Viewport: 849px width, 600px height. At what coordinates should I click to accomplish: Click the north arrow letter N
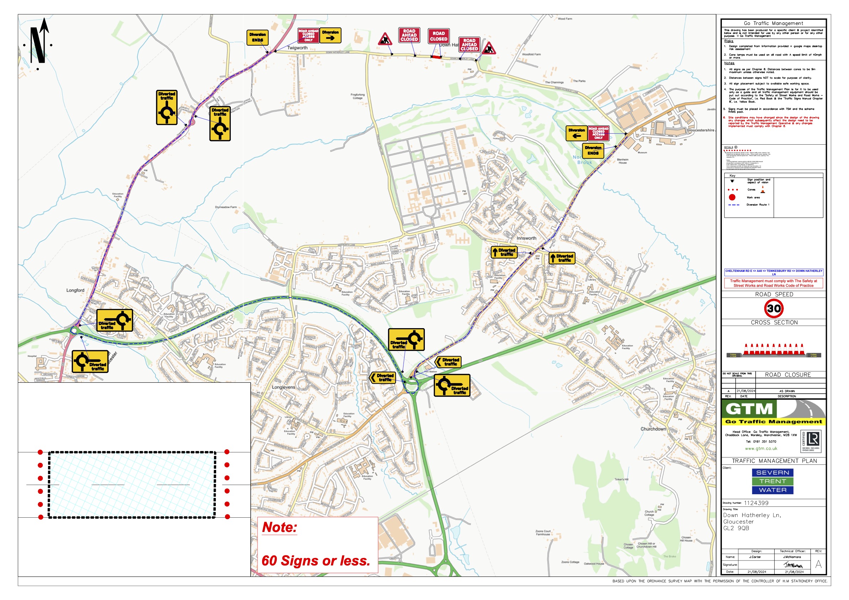tap(37, 45)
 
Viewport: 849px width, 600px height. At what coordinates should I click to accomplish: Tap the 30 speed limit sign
tap(774, 308)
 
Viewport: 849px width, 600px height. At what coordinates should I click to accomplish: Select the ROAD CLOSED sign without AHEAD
tap(438, 36)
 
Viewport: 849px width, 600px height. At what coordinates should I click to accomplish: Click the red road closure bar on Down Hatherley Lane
tap(436, 57)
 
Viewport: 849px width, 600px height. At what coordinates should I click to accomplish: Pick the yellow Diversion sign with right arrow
tap(330, 36)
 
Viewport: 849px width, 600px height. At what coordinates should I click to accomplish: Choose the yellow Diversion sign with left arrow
tap(577, 133)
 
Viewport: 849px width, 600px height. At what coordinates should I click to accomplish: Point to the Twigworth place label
tap(297, 48)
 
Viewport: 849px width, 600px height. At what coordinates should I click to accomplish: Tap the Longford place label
tap(75, 290)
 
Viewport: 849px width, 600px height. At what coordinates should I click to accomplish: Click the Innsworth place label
tap(526, 238)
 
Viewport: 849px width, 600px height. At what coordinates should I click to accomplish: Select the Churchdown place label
tap(653, 429)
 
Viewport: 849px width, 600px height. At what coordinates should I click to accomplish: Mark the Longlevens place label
tap(283, 387)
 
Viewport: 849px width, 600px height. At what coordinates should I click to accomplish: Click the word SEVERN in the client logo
tap(772, 472)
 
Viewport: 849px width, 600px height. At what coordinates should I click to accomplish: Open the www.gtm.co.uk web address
tap(761, 448)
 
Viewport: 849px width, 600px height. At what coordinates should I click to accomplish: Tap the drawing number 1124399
tap(756, 503)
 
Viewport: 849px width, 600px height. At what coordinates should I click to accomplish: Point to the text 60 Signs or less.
tap(316, 561)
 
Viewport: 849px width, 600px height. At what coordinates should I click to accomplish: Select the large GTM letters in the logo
tap(749, 409)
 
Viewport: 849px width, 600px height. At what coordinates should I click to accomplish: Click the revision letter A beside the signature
tap(818, 564)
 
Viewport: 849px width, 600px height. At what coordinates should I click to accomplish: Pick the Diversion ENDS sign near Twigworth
tap(257, 37)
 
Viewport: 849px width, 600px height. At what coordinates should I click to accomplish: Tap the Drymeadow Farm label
tap(225, 207)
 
